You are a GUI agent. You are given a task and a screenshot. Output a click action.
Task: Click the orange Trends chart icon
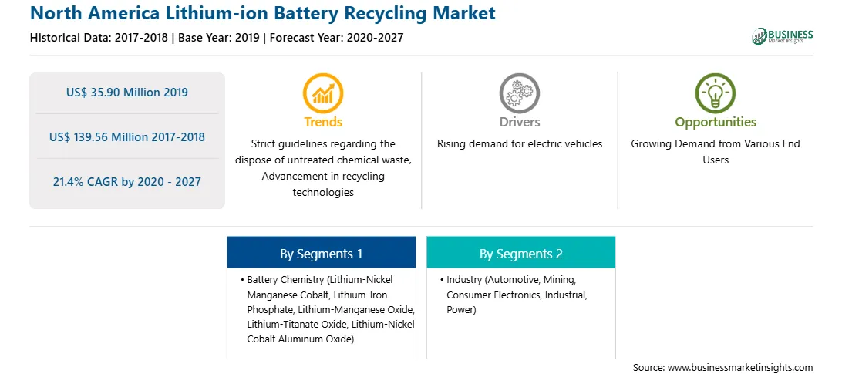(x=323, y=93)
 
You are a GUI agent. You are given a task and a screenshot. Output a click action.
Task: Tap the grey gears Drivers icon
(x=519, y=93)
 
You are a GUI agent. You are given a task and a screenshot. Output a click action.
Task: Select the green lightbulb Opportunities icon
(x=716, y=93)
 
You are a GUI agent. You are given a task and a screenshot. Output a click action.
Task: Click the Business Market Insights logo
(x=783, y=36)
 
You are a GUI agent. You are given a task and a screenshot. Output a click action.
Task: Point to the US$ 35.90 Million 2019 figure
(x=127, y=93)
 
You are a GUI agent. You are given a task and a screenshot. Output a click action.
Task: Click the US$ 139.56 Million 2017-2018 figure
(x=127, y=137)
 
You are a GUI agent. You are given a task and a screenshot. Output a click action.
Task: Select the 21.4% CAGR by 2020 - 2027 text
(x=127, y=182)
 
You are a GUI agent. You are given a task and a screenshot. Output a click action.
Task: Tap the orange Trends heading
(x=323, y=122)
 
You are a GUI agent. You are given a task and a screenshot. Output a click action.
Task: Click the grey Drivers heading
(x=519, y=122)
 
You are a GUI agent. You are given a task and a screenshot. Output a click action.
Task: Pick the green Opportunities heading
(x=716, y=122)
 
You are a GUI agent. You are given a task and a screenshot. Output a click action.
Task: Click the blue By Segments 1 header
(x=321, y=254)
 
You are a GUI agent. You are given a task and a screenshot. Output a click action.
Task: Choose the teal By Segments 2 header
(x=521, y=254)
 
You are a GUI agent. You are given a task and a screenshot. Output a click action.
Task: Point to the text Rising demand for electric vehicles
(x=519, y=144)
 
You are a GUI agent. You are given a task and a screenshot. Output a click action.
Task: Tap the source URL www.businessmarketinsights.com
(x=739, y=368)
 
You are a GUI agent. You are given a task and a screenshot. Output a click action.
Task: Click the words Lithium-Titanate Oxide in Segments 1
(x=285, y=325)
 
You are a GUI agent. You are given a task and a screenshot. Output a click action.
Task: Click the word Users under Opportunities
(x=716, y=160)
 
